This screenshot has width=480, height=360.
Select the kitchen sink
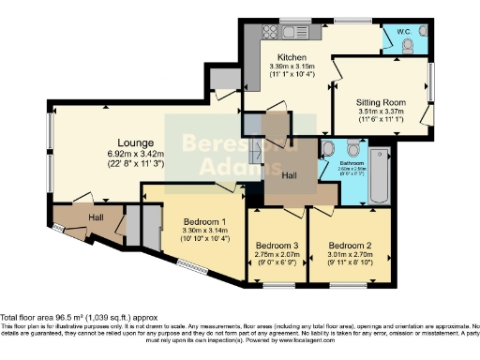(x=300, y=33)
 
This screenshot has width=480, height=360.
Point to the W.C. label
(x=404, y=30)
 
